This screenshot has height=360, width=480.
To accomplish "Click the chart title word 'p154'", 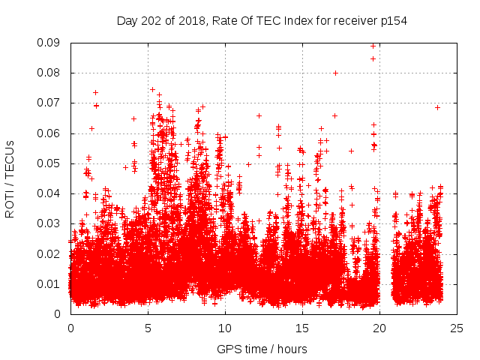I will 394,21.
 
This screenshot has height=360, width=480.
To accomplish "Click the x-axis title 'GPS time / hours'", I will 262,349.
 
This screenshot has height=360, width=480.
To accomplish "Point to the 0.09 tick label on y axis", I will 50,43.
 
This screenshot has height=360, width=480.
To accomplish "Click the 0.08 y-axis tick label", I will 50,73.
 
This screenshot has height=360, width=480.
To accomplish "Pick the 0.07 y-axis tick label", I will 50,103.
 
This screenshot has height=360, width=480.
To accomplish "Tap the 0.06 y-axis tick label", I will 50,133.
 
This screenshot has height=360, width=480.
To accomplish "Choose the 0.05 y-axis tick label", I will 50,163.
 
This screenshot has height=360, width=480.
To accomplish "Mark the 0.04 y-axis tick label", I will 50,193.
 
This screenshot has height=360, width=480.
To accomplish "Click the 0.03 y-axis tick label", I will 50,223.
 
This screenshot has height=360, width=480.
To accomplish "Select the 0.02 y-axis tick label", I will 50,253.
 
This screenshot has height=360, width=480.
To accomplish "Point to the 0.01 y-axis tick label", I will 50,283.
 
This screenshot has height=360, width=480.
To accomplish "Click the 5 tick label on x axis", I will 148,328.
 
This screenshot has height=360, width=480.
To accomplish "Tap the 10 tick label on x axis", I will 225,328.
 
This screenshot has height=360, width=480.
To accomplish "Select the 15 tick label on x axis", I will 302,328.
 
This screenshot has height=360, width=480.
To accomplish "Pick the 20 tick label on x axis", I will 379,328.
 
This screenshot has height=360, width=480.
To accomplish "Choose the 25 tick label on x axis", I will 457,328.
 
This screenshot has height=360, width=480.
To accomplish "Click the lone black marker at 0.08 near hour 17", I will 335,73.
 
